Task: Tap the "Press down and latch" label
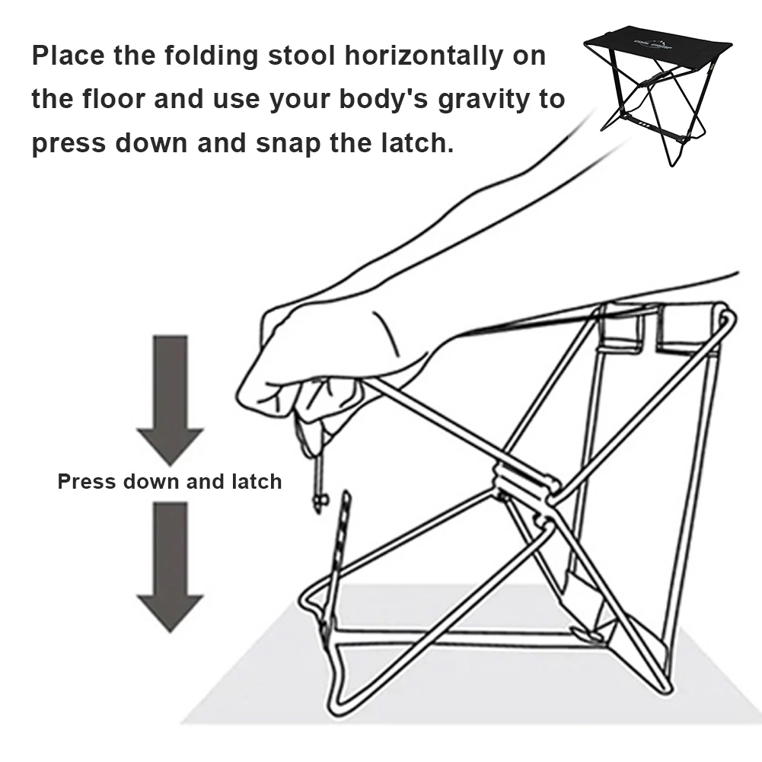click(170, 482)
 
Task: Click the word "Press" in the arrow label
click(86, 482)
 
